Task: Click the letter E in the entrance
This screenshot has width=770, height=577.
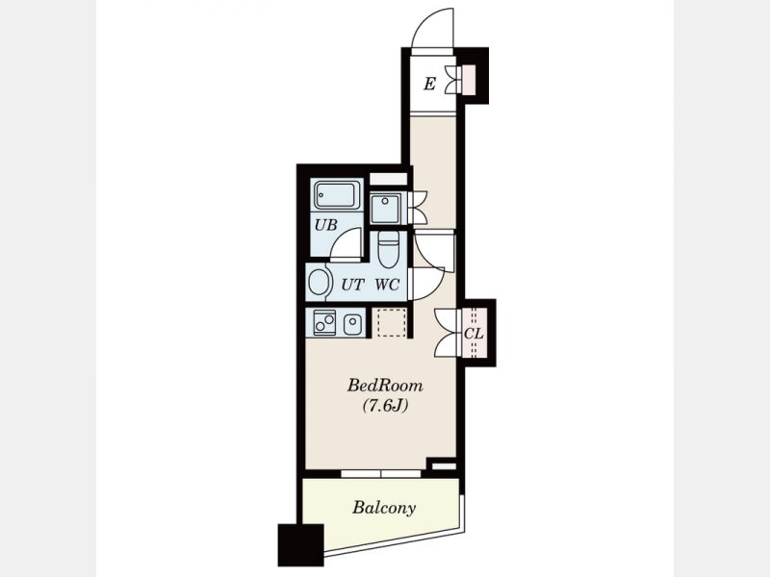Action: (x=429, y=84)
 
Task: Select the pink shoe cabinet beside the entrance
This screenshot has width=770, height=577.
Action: (x=470, y=80)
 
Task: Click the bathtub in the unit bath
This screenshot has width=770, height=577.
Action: (x=337, y=196)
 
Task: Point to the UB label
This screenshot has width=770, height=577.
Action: (x=325, y=225)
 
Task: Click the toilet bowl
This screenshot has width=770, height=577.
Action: (x=389, y=250)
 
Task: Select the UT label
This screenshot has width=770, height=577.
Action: (x=352, y=285)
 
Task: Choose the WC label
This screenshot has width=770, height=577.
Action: (x=388, y=285)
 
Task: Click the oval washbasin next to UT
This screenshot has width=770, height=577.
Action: (x=318, y=283)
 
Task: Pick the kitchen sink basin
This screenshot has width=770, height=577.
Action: (x=352, y=324)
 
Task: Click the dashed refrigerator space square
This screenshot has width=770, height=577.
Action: (x=392, y=322)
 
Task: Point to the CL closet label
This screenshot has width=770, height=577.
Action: (x=474, y=334)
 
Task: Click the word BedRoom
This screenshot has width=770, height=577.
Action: (x=385, y=386)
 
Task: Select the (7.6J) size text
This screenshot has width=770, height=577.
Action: (x=385, y=406)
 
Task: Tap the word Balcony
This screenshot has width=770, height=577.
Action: (x=383, y=508)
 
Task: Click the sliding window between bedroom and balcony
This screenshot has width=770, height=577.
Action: (x=381, y=474)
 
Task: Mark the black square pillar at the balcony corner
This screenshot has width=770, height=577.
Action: (x=300, y=544)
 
